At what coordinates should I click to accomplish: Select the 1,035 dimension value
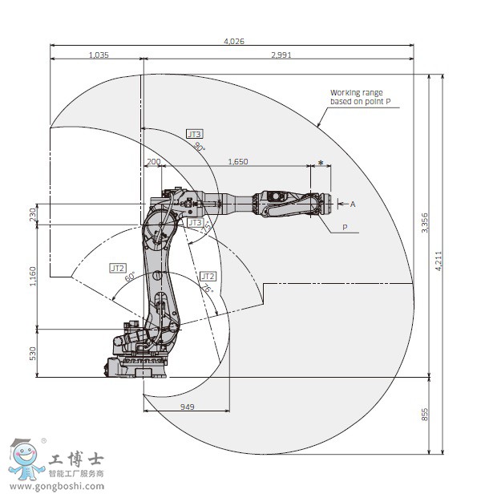click(x=98, y=55)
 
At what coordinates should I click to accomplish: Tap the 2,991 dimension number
click(x=282, y=55)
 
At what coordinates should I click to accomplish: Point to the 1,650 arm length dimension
click(x=238, y=162)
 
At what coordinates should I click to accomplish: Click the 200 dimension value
click(x=154, y=162)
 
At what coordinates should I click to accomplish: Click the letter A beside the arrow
click(x=352, y=204)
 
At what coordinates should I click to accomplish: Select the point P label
click(x=346, y=228)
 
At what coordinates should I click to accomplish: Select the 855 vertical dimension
click(x=425, y=414)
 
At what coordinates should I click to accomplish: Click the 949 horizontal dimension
click(x=187, y=407)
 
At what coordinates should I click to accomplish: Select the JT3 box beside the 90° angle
click(x=194, y=134)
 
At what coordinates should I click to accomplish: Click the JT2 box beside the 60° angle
click(x=118, y=268)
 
